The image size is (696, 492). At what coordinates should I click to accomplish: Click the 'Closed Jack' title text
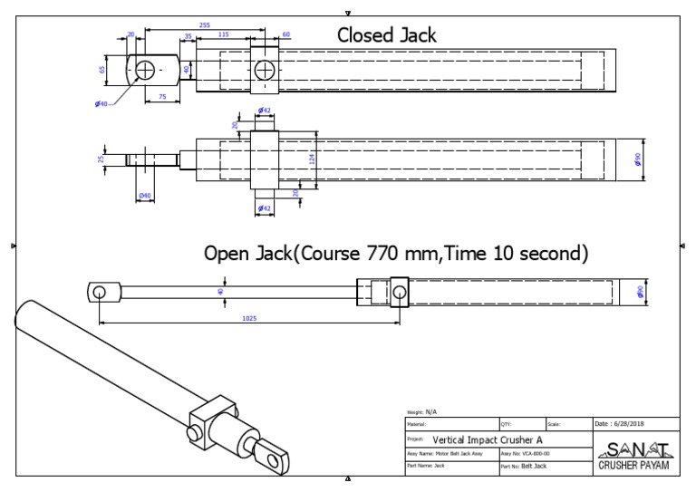coord(387,35)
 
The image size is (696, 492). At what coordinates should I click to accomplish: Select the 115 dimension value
coord(223,34)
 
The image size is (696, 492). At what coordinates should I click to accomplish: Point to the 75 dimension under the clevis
coord(162,95)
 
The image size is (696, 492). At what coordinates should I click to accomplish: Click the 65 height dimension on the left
coord(103,69)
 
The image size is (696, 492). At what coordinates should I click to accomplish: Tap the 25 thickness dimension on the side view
coord(101,159)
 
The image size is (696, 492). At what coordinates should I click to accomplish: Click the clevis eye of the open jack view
coord(100,292)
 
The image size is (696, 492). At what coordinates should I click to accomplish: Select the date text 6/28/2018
coord(623,423)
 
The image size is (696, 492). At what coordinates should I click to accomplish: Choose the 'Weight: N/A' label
coord(422,411)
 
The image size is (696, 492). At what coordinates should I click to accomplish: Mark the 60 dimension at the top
coord(285,34)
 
